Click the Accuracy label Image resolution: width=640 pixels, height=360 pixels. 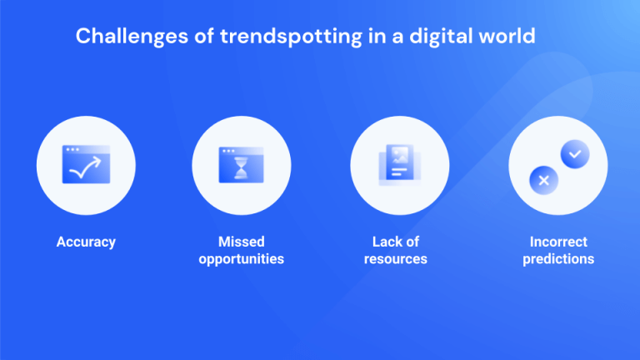(86, 242)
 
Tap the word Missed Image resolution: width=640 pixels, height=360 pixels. (241, 242)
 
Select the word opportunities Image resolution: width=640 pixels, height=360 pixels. (241, 259)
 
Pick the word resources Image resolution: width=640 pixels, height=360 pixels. (400, 259)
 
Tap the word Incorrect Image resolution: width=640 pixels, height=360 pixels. (558, 242)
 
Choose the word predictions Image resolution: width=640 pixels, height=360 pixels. (558, 259)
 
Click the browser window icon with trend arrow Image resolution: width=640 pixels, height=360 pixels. (86, 164)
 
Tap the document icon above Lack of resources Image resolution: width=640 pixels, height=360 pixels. (399, 164)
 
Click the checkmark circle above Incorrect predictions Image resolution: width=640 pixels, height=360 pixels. (573, 152)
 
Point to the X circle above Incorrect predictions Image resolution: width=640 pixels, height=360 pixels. (543, 179)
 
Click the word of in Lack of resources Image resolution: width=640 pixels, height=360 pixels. (412, 242)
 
